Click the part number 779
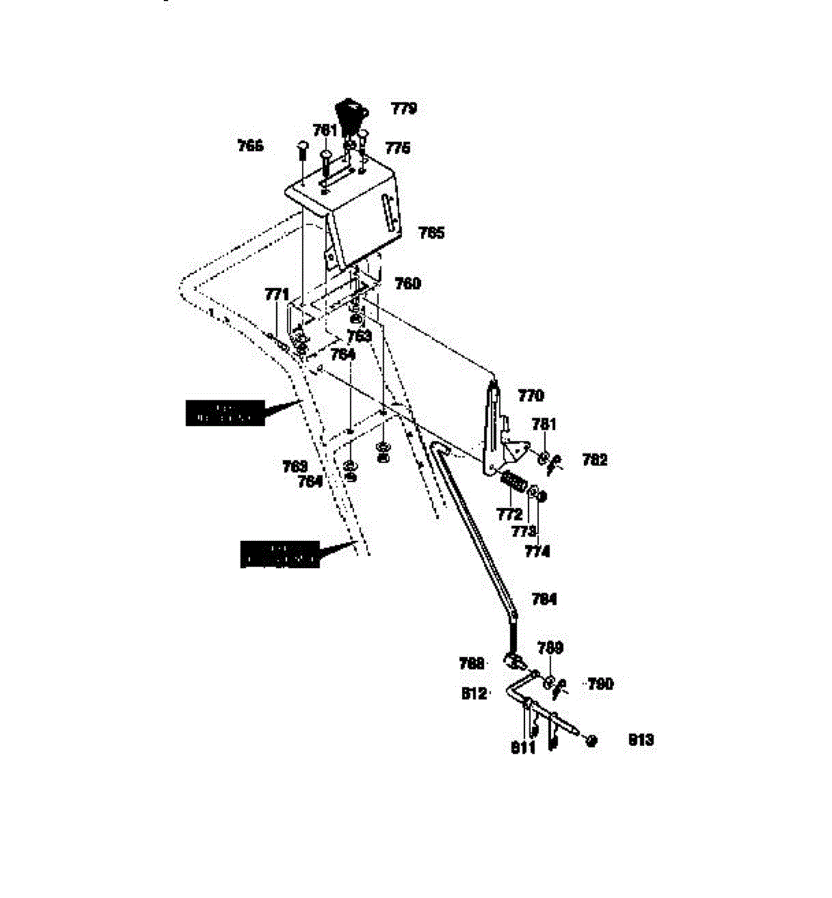[404, 109]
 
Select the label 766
[251, 146]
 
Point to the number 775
[398, 148]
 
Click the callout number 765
[431, 233]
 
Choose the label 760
[408, 284]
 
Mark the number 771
[277, 295]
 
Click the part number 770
[531, 396]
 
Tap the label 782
[595, 460]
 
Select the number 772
[509, 515]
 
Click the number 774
[537, 552]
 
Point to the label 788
[472, 663]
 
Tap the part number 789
[551, 647]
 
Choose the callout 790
[600, 683]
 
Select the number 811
[523, 747]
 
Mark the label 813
[641, 740]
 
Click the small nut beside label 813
[592, 740]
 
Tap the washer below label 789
[550, 682]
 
